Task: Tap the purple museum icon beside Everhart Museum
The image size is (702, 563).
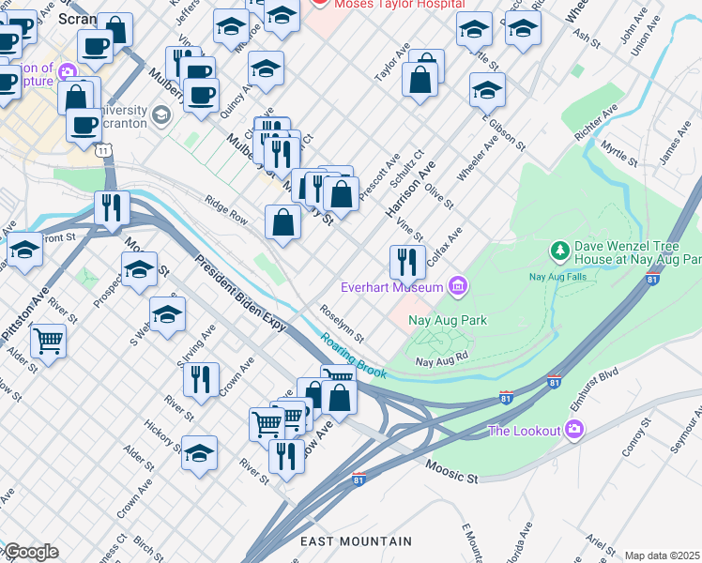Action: (x=458, y=285)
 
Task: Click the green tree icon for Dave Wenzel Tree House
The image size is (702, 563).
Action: (x=560, y=251)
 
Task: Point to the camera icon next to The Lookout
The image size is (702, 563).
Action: (x=575, y=431)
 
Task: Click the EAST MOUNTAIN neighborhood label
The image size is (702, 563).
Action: (x=356, y=541)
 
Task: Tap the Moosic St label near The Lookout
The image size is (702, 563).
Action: (x=450, y=472)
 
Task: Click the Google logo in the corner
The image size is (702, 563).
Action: (x=30, y=552)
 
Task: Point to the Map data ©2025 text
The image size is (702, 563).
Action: (x=663, y=555)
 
